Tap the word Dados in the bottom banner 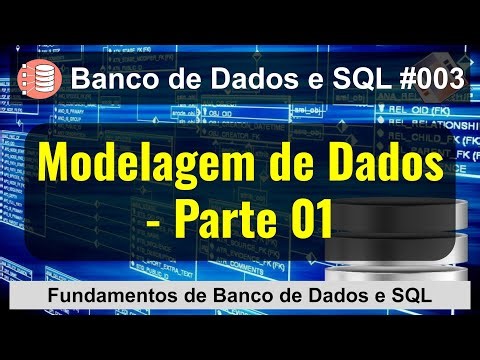pos(309,297)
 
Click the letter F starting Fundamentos pos(54,297)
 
